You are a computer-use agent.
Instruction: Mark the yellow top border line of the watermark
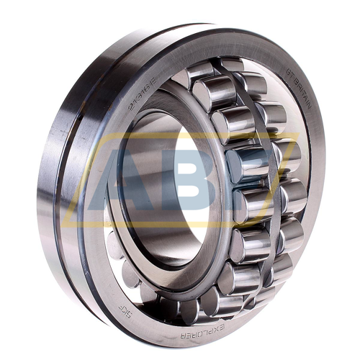click(180, 134)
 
